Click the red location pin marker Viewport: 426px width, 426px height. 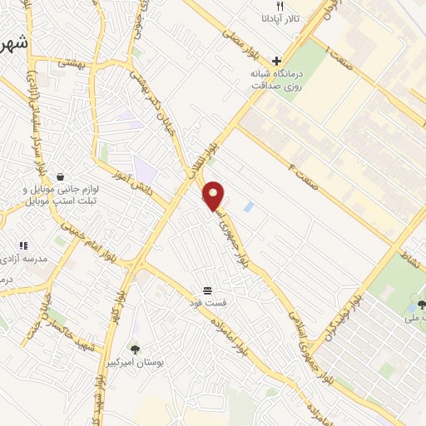[x=215, y=196]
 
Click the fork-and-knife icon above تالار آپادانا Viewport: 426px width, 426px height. [x=280, y=6]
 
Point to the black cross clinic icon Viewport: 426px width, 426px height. [x=276, y=60]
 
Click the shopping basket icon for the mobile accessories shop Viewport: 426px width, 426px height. [x=61, y=176]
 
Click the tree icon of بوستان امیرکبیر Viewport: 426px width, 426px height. [x=135, y=350]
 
